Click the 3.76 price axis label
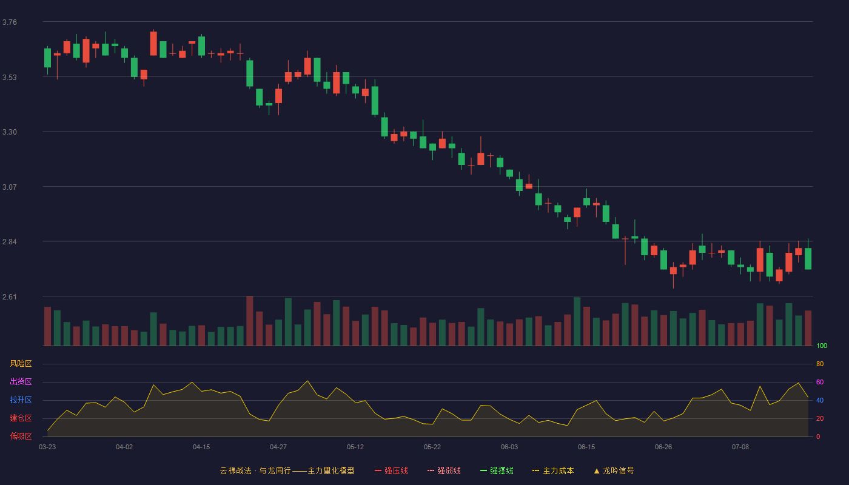(x=10, y=22)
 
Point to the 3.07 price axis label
(x=10, y=187)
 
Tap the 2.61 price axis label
(x=10, y=297)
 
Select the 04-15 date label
(x=201, y=447)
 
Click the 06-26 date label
(x=663, y=447)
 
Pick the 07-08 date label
(x=740, y=447)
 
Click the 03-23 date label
(x=47, y=447)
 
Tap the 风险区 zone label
(x=21, y=364)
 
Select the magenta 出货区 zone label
(x=21, y=381)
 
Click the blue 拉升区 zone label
(x=21, y=400)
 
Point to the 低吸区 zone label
(x=21, y=436)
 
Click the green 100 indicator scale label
(x=822, y=346)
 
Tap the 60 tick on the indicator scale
(x=820, y=382)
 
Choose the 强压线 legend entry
(x=391, y=471)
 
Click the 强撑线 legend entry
(x=497, y=471)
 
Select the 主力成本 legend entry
(x=553, y=471)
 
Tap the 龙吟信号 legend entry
(x=614, y=471)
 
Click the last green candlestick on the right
(x=808, y=258)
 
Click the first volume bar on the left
(x=47, y=326)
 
